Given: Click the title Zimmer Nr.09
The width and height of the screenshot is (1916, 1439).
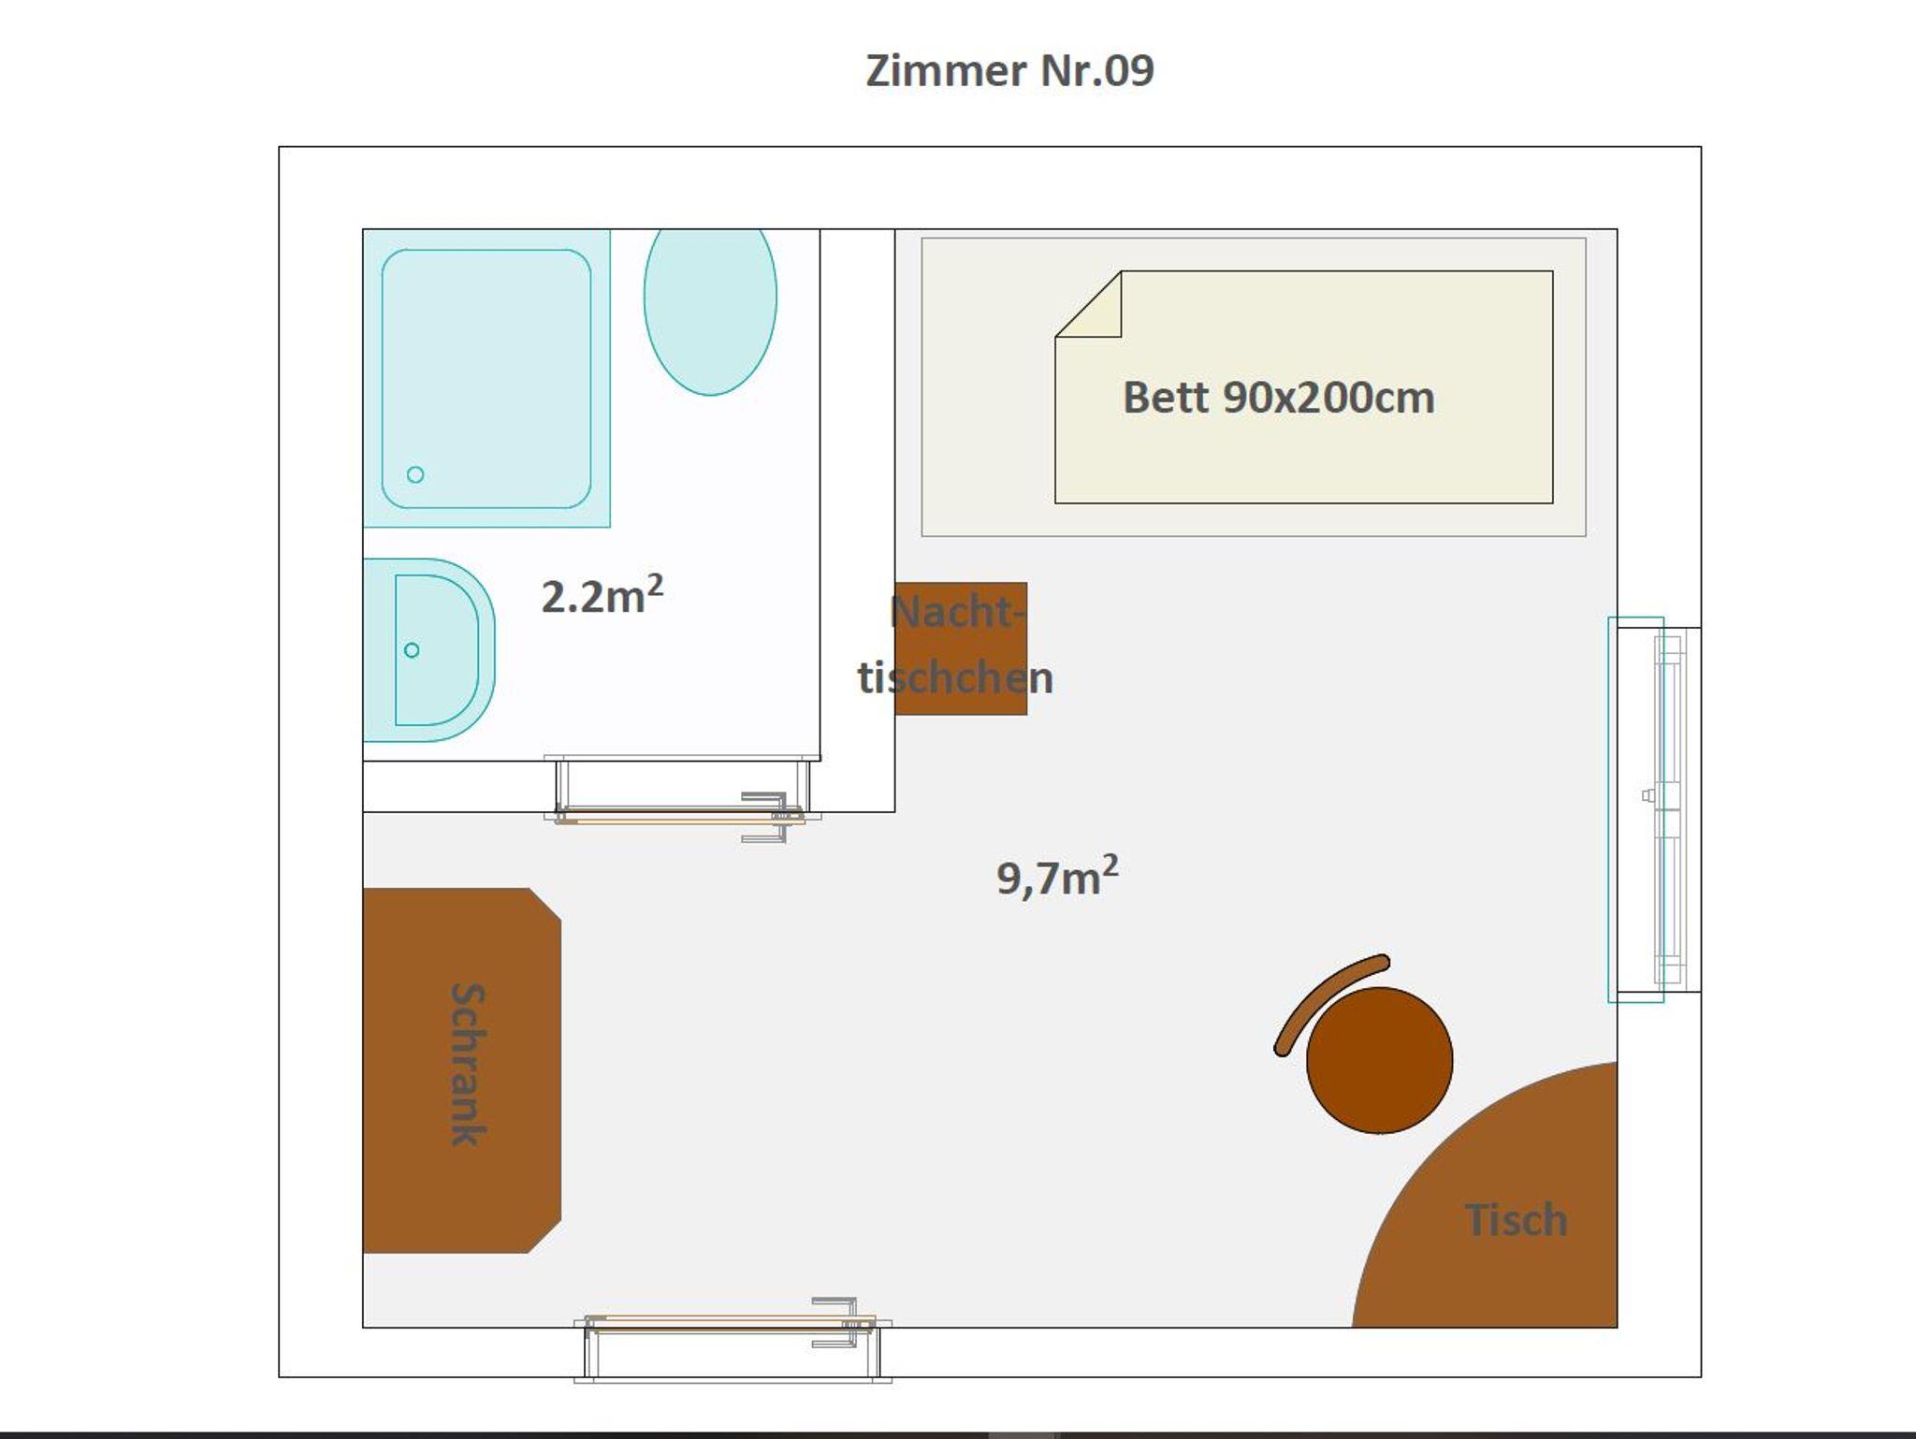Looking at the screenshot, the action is (x=1009, y=71).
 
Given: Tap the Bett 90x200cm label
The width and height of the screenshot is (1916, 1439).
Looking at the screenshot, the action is (x=1278, y=398).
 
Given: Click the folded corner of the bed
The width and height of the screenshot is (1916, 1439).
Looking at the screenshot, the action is (x=1088, y=305).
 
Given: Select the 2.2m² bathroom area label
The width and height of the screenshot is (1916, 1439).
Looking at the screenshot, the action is (x=602, y=595).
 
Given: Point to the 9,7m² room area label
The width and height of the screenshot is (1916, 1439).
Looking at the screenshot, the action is (x=1057, y=877).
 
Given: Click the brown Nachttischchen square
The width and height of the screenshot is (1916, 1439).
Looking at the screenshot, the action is (x=961, y=648).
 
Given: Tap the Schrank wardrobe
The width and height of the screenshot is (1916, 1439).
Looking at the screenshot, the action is (x=462, y=1070).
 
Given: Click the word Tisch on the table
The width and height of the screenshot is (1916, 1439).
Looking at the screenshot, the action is (x=1516, y=1220).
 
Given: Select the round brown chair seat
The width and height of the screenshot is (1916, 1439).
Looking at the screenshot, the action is (x=1379, y=1060).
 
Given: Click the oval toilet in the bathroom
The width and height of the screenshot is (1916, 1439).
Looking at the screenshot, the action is (x=710, y=309).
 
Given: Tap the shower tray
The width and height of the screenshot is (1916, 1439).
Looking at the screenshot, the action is (x=486, y=379).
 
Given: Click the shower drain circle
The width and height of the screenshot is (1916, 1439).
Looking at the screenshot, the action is (x=415, y=474).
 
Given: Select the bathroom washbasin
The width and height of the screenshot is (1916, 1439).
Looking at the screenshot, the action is (x=428, y=650).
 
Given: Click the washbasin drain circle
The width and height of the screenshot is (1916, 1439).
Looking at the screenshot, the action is (x=412, y=650).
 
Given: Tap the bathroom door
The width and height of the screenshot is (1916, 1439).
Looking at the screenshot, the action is (x=681, y=816).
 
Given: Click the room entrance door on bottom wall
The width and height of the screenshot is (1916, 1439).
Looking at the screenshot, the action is (x=733, y=1323).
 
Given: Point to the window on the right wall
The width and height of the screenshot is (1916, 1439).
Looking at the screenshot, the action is (x=1654, y=809).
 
